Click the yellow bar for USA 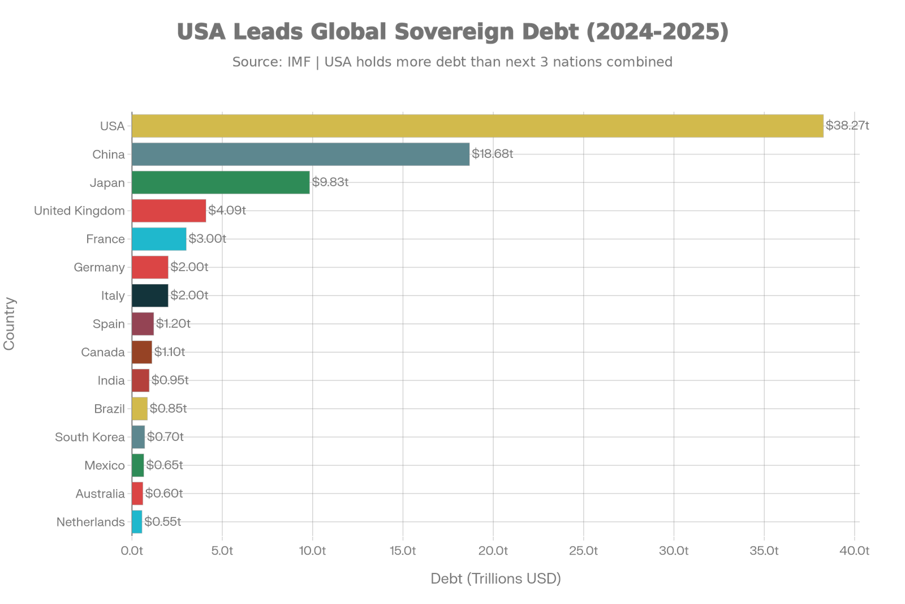(478, 126)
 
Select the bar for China (301, 154)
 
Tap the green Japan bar (221, 182)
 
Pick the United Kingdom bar (169, 211)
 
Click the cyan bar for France (159, 239)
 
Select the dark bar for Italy (150, 295)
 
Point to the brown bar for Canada (142, 352)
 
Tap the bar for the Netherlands (137, 522)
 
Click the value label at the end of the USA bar (847, 126)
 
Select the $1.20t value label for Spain (173, 324)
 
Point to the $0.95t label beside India (170, 380)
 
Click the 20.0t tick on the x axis (493, 551)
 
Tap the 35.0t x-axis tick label (764, 551)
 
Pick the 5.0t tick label (222, 551)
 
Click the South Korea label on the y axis (90, 437)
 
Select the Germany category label (99, 267)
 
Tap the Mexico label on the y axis (104, 465)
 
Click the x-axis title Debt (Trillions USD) (495, 579)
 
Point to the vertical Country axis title (10, 323)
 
